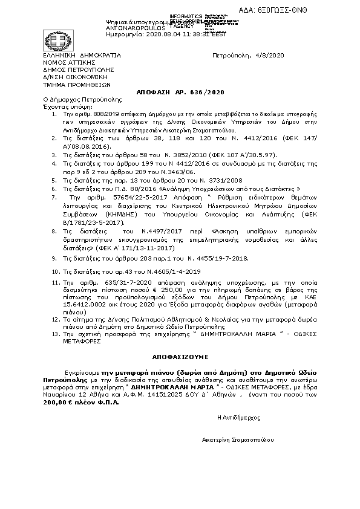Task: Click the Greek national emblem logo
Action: (51, 41)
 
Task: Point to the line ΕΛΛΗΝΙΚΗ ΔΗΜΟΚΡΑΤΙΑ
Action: (81, 55)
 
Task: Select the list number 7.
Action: (54, 180)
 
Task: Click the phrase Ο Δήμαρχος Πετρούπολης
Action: (82, 98)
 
